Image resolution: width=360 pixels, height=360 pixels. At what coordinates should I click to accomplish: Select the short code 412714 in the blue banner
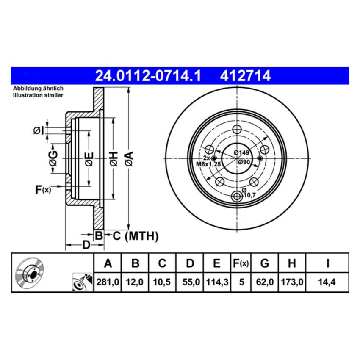[245, 76]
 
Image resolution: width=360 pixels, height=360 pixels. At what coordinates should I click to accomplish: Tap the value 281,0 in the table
[108, 281]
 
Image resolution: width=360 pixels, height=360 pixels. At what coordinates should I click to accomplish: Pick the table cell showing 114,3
[216, 281]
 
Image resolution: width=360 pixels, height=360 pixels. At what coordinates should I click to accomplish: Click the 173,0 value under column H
[291, 281]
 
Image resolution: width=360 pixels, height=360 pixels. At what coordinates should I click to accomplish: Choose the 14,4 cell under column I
[327, 281]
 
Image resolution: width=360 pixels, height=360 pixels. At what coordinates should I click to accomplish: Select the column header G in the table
[264, 263]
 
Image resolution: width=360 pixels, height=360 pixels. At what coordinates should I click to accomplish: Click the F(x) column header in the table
[241, 263]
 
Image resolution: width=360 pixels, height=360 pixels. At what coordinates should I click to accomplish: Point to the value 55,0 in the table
[190, 281]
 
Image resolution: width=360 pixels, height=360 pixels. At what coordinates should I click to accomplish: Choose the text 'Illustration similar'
[38, 95]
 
